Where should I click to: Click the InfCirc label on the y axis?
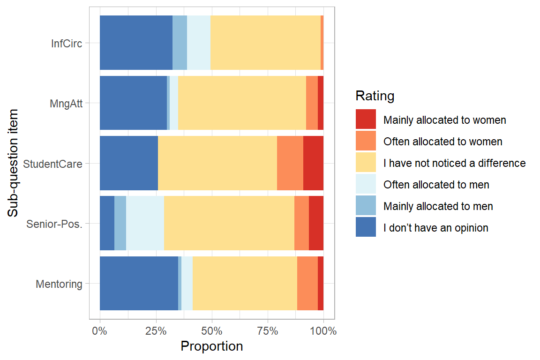pyautogui.click(x=67, y=44)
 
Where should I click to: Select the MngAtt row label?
pyautogui.click(x=66, y=104)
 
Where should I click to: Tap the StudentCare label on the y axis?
pyautogui.click(x=52, y=164)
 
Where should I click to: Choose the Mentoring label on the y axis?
pyautogui.click(x=59, y=284)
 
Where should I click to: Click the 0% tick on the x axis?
pyautogui.click(x=100, y=331)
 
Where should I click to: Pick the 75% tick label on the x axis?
pyautogui.click(x=267, y=331)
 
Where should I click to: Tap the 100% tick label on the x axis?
pyautogui.click(x=322, y=331)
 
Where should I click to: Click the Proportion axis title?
pyautogui.click(x=211, y=346)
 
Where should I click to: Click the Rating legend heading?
pyautogui.click(x=375, y=96)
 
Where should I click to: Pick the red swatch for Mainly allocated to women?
pyautogui.click(x=366, y=120)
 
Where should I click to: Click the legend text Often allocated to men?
pyautogui.click(x=436, y=185)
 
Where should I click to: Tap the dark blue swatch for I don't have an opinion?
pyautogui.click(x=366, y=227)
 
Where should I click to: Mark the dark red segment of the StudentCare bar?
pyautogui.click(x=313, y=163)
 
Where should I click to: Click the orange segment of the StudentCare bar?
pyautogui.click(x=290, y=163)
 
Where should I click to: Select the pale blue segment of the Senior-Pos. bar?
pyautogui.click(x=145, y=223)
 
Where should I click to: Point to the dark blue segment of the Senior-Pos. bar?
pyautogui.click(x=107, y=223)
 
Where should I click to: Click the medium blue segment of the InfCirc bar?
pyautogui.click(x=180, y=43)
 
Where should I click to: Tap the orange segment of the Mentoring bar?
pyautogui.click(x=307, y=283)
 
